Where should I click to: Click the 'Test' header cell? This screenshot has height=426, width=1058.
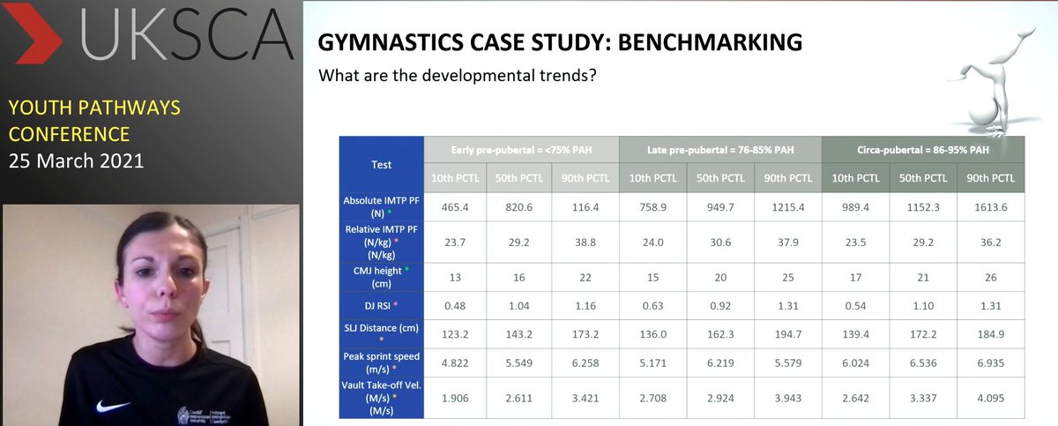381,164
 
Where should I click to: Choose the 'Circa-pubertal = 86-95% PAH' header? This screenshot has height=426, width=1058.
923,150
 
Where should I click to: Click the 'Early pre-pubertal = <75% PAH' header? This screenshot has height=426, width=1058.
522,150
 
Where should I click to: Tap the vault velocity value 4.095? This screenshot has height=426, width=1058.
990,397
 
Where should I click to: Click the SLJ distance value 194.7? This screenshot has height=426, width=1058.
788,333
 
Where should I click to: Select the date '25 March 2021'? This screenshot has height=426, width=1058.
76,161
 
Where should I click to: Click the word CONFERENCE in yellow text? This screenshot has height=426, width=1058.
69,135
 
